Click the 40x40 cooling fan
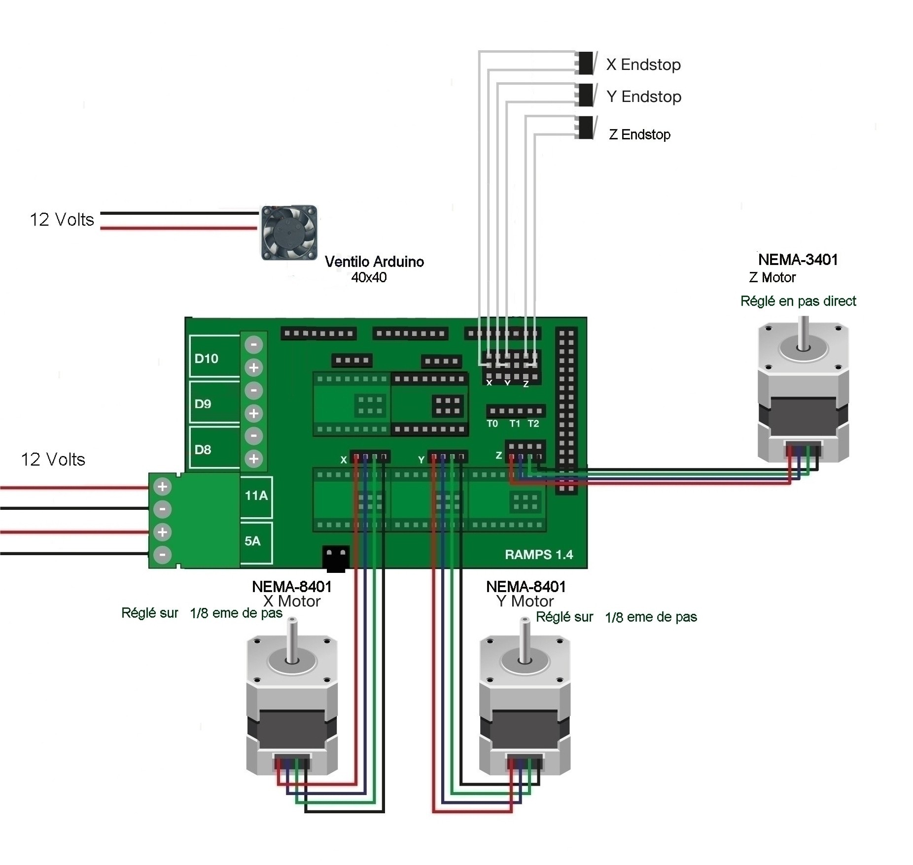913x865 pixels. click(289, 233)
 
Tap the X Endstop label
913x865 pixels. click(643, 65)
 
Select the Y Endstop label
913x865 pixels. click(644, 97)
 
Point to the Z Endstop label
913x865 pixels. click(639, 134)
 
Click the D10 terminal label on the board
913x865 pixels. click(206, 359)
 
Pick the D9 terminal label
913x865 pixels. click(203, 404)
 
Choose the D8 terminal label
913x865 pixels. click(203, 450)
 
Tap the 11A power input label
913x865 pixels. click(256, 496)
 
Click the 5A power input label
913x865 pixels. click(252, 541)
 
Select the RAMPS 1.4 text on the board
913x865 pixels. click(539, 555)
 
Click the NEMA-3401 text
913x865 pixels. click(798, 260)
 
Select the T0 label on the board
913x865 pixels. click(492, 424)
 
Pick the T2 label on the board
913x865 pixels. click(533, 424)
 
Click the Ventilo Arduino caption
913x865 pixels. click(374, 262)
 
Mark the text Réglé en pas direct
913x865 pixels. click(798, 301)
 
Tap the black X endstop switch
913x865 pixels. click(586, 63)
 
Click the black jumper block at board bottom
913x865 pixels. click(336, 558)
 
